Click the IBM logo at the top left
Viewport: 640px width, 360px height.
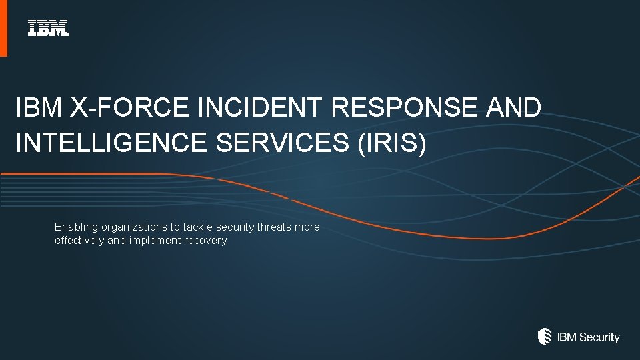pyautogui.click(x=48, y=28)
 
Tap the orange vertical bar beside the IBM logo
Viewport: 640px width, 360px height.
pyautogui.click(x=3, y=28)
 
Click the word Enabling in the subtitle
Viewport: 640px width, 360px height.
pyautogui.click(x=76, y=227)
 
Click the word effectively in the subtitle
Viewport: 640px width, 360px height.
pyautogui.click(x=79, y=241)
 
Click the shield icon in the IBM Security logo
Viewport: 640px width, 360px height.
pyautogui.click(x=545, y=337)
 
